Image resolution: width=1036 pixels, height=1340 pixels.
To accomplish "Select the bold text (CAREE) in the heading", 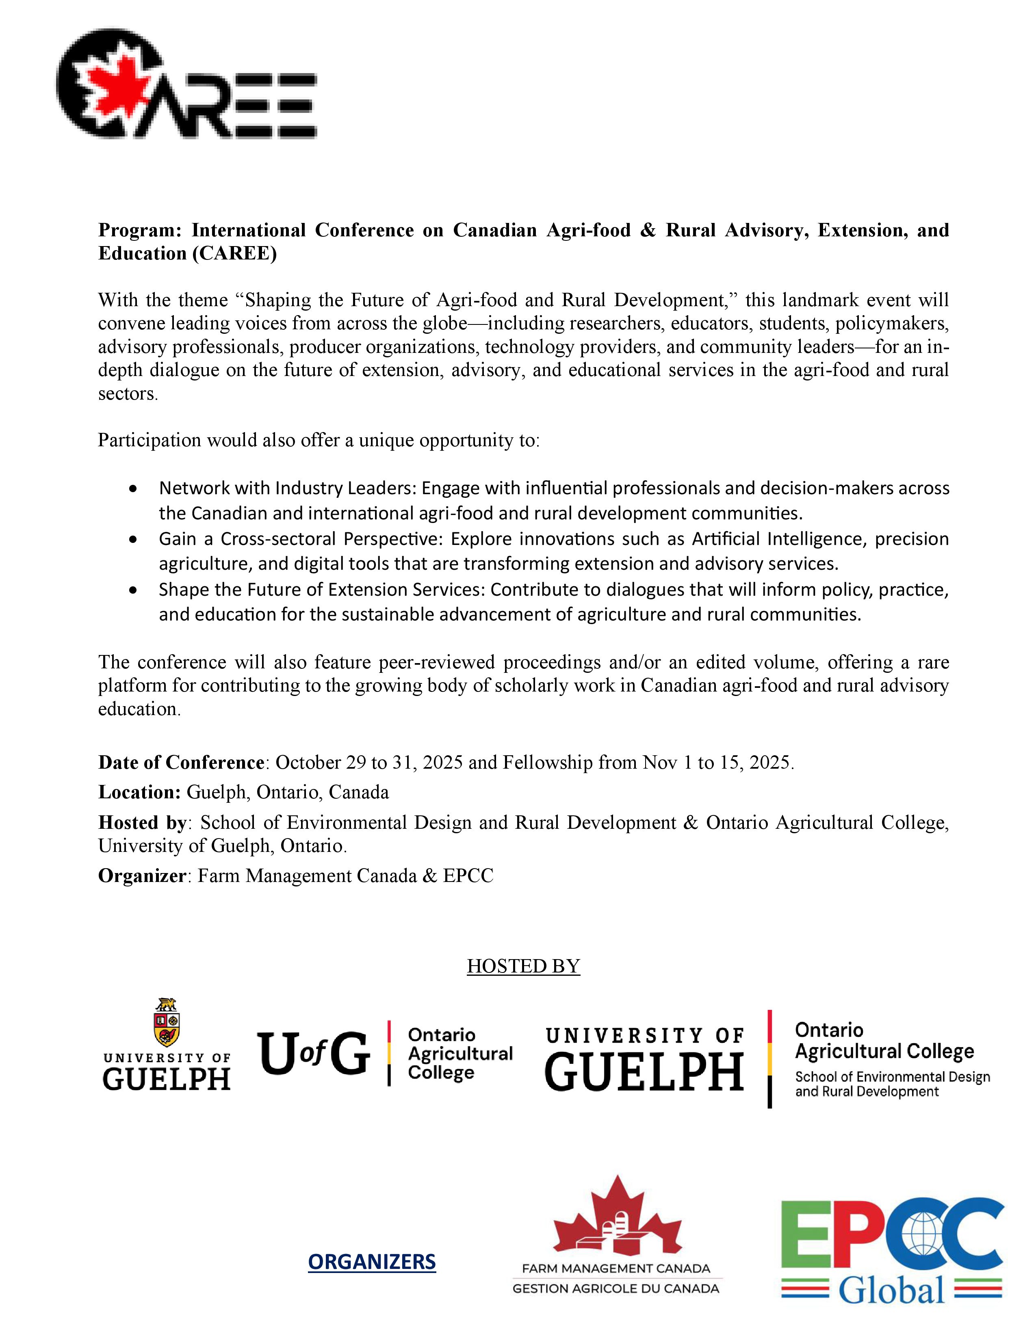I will (234, 253).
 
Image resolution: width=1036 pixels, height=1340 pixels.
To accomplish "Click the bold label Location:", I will (139, 792).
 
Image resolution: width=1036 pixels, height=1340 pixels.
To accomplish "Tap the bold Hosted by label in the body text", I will (142, 822).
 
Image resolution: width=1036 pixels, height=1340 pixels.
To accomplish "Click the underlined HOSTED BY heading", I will (523, 966).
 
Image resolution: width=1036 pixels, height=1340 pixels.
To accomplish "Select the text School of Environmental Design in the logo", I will (893, 1077).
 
